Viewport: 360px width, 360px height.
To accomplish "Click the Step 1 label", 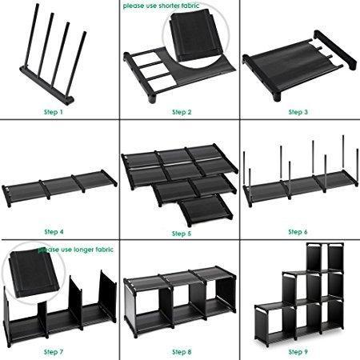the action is point(54,112).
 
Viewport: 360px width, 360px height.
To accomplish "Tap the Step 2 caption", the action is point(182,112).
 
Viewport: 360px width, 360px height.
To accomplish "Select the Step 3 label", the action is point(298,112).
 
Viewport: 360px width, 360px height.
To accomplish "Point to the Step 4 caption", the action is point(54,232).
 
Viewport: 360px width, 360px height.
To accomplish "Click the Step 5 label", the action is point(182,234).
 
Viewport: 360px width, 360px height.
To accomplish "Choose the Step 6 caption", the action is point(298,232).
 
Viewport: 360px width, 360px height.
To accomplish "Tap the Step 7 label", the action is point(54,352).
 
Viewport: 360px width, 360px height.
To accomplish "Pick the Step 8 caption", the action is point(182,352).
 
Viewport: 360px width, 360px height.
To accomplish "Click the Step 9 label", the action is point(298,352).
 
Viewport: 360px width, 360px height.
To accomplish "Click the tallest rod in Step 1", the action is point(31,35).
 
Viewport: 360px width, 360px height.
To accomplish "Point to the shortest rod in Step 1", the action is point(76,64).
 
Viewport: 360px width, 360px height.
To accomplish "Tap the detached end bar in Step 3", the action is point(334,50).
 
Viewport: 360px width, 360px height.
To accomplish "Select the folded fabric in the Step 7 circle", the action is point(34,274).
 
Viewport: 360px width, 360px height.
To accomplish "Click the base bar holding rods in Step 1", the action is point(46,86).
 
